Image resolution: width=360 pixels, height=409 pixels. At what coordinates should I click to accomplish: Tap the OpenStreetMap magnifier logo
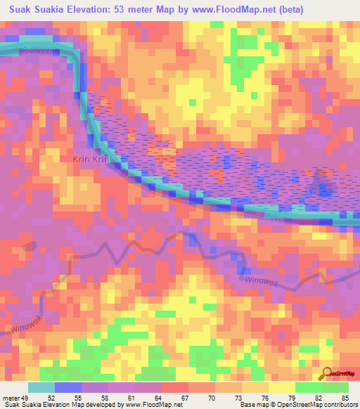(x=326, y=375)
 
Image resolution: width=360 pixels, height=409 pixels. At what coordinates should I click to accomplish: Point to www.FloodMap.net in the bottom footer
(x=150, y=405)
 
